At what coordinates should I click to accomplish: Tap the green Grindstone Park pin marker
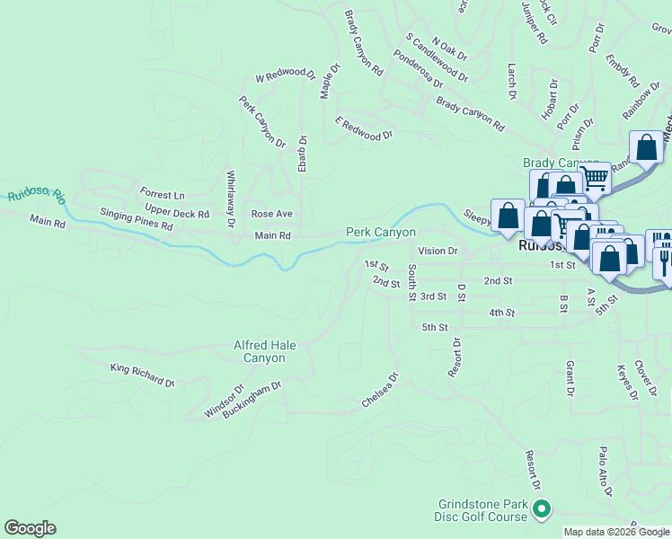541,510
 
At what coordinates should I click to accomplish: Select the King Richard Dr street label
142,376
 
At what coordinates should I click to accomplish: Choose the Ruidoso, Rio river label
37,195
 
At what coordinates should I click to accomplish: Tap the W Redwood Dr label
285,78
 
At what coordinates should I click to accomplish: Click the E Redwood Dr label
364,128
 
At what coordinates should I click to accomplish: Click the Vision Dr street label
438,252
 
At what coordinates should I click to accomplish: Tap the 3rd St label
433,296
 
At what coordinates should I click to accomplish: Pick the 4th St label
501,313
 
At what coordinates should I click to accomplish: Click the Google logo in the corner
31,528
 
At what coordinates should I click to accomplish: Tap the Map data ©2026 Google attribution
615,532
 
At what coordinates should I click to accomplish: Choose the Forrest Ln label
162,194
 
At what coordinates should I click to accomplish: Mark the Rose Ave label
271,214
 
